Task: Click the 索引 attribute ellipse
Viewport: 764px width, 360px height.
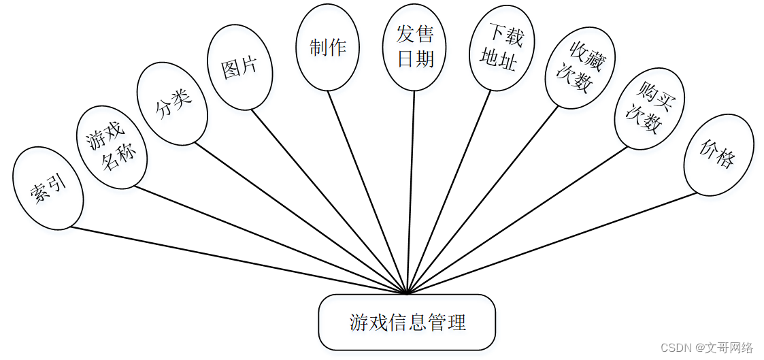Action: point(48,187)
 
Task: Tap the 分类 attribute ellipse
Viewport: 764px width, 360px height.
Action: point(171,103)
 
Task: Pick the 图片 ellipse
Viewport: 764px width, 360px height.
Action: point(239,67)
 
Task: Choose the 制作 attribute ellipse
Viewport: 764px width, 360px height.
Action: point(327,48)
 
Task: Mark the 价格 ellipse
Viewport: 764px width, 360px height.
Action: point(718,158)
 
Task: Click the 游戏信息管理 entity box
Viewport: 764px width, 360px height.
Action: point(407,322)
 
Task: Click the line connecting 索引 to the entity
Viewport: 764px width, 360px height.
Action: point(238,261)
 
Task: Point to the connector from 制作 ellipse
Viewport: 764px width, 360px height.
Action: point(367,193)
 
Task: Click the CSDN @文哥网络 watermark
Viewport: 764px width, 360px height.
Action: point(707,348)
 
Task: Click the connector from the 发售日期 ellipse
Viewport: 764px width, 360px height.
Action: point(411,193)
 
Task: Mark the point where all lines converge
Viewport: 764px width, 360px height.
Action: point(407,294)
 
